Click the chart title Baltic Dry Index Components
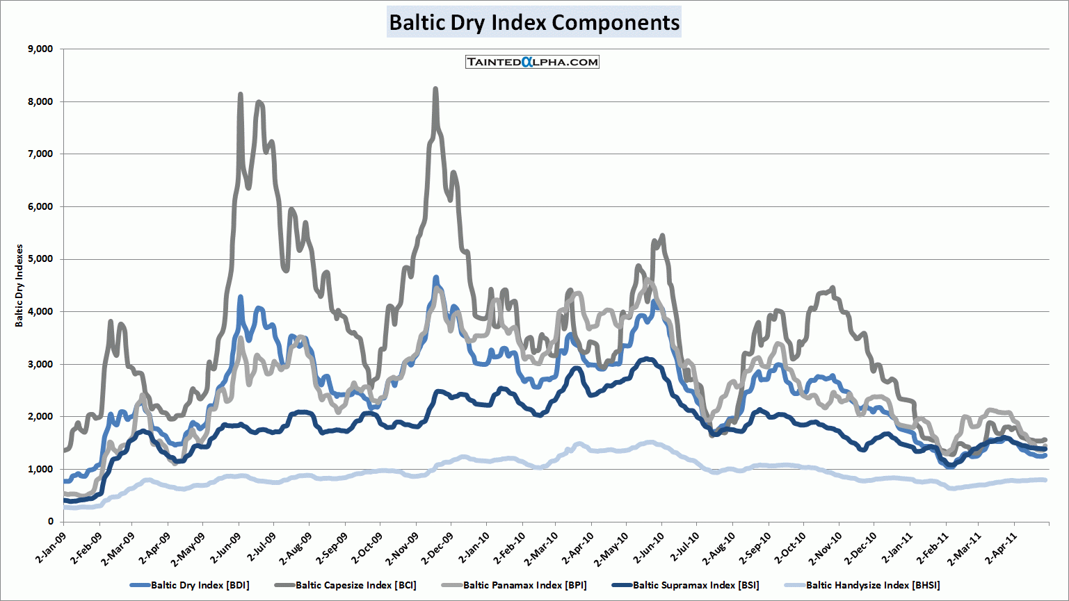pos(533,22)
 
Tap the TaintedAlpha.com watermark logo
pos(532,62)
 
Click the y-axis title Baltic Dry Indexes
pos(19,285)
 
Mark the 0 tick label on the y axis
pos(50,521)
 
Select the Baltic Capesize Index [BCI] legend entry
pos(355,585)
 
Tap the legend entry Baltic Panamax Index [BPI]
pos(524,585)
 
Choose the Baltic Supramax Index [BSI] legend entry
pos(696,585)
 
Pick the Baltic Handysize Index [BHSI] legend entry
pos(872,585)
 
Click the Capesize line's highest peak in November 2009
pos(435,89)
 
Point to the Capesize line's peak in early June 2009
pos(241,94)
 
